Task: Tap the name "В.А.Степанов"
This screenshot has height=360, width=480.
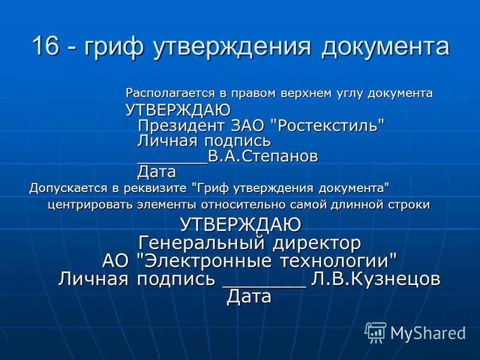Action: click(x=263, y=157)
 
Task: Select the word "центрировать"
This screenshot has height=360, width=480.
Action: click(x=88, y=205)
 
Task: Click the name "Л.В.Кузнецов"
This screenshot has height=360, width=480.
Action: click(x=376, y=279)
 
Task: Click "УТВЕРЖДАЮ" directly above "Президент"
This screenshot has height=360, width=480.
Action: click(x=178, y=110)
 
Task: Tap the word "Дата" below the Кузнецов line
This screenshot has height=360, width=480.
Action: click(x=249, y=297)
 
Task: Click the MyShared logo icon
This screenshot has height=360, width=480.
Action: click(x=376, y=332)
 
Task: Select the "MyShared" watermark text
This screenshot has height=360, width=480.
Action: click(x=428, y=332)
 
